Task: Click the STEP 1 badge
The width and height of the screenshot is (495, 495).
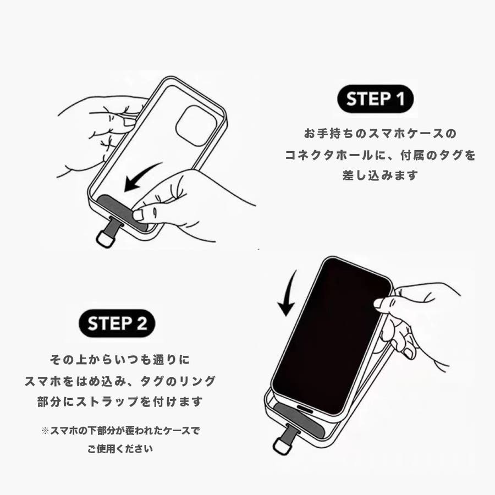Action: pos(375,99)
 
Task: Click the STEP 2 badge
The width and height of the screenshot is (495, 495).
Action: pos(117,323)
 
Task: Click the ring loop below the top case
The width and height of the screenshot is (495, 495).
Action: pos(106,239)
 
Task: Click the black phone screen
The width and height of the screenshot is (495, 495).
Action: pos(332,336)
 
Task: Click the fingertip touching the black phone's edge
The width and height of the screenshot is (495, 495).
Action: pos(381,303)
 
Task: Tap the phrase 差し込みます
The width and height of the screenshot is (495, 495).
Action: pos(380,175)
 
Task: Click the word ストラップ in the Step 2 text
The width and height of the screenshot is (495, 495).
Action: pos(108,402)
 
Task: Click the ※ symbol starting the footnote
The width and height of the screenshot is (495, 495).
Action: pos(45,431)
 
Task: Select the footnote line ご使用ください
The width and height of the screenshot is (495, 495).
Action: pos(120,449)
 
